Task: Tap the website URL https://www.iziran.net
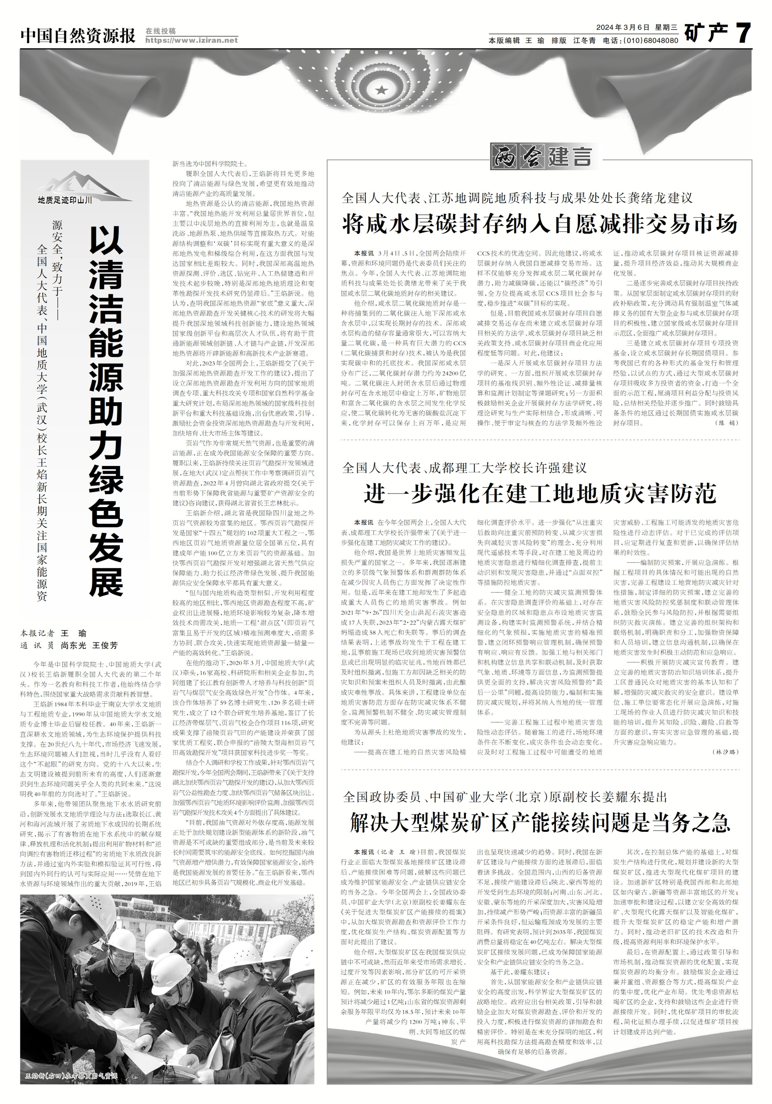point(191,40)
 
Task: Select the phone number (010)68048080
point(651,41)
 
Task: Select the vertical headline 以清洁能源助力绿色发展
point(107,411)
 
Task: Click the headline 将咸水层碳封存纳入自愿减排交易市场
point(539,224)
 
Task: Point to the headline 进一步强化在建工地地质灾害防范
point(540,494)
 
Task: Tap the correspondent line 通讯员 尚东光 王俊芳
point(69,645)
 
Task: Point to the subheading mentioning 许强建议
point(464,467)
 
